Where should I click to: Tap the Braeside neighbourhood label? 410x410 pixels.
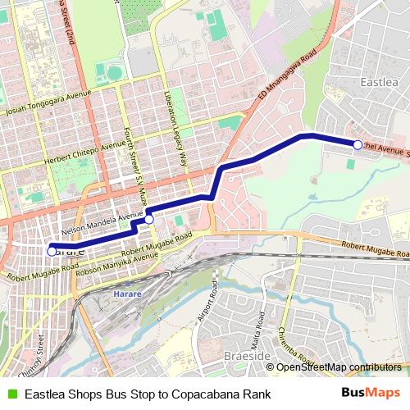coord(244,356)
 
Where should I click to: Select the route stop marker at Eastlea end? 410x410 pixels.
coord(358,145)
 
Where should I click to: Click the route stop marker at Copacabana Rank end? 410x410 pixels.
coord(52,251)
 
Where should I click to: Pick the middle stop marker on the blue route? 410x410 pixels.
coord(149,219)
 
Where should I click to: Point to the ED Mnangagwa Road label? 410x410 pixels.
coord(286,79)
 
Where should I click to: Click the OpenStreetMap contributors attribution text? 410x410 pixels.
coord(339,367)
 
